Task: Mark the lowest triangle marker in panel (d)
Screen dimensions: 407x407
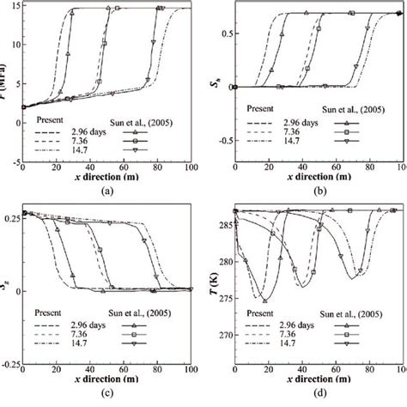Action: [265, 301]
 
